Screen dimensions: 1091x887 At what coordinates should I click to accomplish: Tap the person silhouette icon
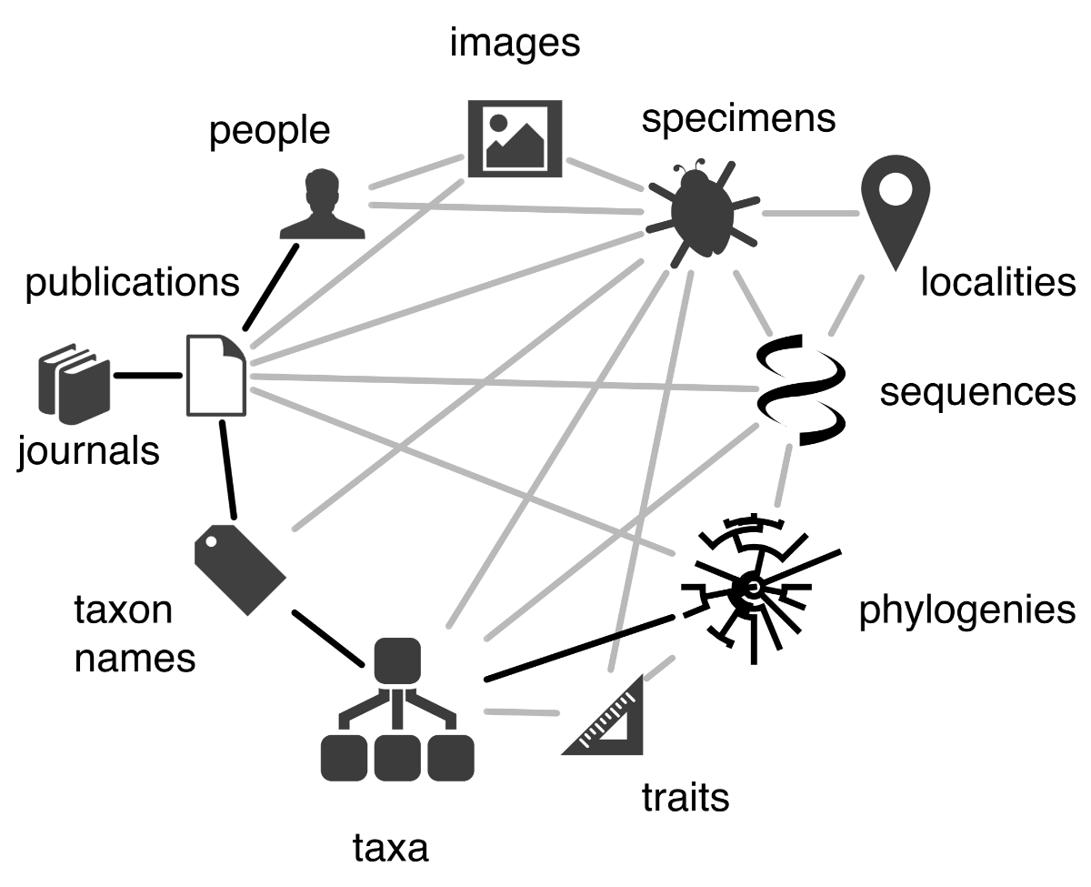pyautogui.click(x=322, y=204)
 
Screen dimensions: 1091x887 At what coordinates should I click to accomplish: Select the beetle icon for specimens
pyautogui.click(x=703, y=213)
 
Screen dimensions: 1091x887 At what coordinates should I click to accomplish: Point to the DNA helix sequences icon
pyautogui.click(x=801, y=389)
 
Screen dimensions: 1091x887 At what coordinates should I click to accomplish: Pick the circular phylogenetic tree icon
pyautogui.click(x=753, y=589)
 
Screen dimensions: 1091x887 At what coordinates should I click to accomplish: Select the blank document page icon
pyautogui.click(x=215, y=375)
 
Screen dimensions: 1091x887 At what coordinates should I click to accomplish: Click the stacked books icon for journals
pyautogui.click(x=75, y=384)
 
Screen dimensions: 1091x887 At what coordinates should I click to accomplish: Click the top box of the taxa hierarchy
pyautogui.click(x=397, y=660)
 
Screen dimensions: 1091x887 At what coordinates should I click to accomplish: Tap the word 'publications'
pyautogui.click(x=132, y=283)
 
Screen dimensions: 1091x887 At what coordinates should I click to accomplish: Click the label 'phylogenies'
pyautogui.click(x=967, y=610)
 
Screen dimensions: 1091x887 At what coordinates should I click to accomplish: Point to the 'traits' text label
pyautogui.click(x=686, y=797)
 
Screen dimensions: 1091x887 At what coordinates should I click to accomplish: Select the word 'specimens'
pyautogui.click(x=738, y=119)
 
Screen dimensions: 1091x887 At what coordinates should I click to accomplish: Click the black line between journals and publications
pyautogui.click(x=148, y=376)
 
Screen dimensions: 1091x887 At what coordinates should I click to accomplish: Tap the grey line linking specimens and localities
pyautogui.click(x=811, y=213)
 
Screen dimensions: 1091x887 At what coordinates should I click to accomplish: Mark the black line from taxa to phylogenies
pyautogui.click(x=579, y=649)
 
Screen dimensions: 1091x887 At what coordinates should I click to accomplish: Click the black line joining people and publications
pyautogui.click(x=270, y=287)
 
